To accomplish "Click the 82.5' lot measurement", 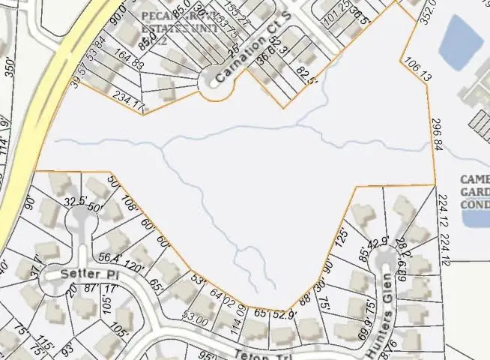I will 303,76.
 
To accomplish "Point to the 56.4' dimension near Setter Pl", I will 109,258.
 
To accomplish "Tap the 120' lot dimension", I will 135,265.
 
